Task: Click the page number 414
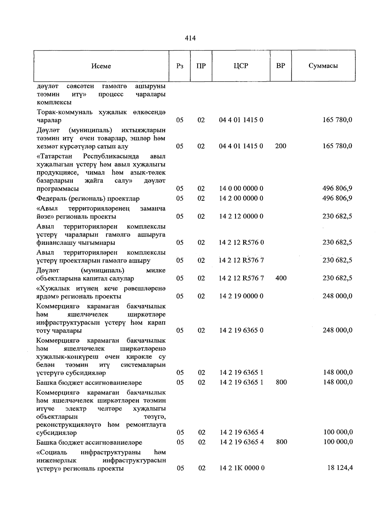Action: pyautogui.click(x=190, y=38)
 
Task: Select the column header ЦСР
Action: pyautogui.click(x=241, y=66)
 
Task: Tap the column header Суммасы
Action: pyautogui.click(x=323, y=66)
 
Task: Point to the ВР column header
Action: pyautogui.click(x=281, y=66)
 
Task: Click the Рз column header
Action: pyautogui.click(x=180, y=66)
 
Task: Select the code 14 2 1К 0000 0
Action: pyautogui.click(x=242, y=468)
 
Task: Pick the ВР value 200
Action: pyautogui.click(x=281, y=146)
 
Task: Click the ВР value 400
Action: pyautogui.click(x=281, y=278)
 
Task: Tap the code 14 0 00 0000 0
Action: pyautogui.click(x=241, y=188)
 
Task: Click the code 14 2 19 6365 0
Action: pyautogui.click(x=241, y=330)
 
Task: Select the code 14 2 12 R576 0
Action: pyautogui.click(x=241, y=242)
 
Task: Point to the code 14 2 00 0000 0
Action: pyautogui.click(x=241, y=198)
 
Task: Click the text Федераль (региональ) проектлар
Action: pyautogui.click(x=88, y=199)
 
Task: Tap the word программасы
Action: pyautogui.click(x=58, y=189)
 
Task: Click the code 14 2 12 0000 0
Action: pyautogui.click(x=241, y=216)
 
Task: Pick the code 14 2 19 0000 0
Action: pyautogui.click(x=241, y=296)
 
